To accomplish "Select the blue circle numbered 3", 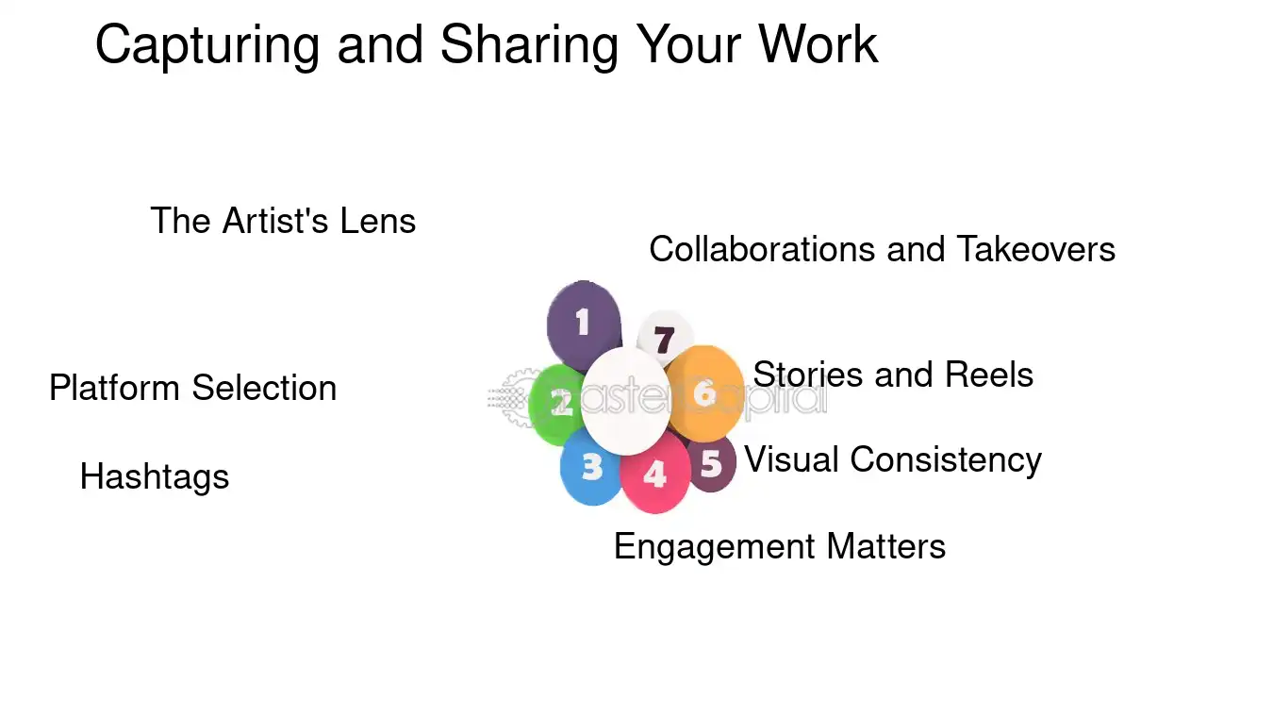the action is [590, 468].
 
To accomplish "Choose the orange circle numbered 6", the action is [705, 393].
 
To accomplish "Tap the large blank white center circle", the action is [625, 402].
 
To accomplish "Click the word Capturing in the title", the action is [207, 46].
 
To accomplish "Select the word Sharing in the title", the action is [529, 46].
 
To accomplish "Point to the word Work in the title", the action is [818, 44].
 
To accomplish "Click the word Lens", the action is [378, 221].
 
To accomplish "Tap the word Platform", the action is [114, 388].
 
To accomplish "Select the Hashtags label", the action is [155, 476].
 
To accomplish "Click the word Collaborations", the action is [762, 249].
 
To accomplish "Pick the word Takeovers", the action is [1036, 249].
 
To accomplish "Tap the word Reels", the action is [989, 375].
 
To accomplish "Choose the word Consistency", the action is [946, 460].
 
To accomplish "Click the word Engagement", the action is [715, 548].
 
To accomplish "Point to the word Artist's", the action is [275, 221].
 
